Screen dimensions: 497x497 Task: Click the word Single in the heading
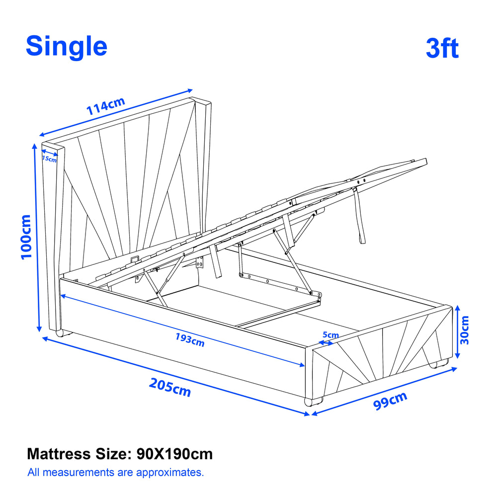67,47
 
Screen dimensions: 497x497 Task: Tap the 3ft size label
442,48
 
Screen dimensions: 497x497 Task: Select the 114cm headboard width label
106,106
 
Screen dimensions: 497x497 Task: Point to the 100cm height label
26,237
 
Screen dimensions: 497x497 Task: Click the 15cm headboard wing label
49,159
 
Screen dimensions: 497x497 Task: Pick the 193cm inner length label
190,339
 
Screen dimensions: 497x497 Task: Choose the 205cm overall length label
170,387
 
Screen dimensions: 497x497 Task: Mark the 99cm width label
390,401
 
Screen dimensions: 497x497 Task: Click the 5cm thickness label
331,334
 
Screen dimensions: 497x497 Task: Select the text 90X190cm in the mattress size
174,454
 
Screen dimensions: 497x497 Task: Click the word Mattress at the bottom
59,454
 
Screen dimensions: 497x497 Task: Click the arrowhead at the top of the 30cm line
457,308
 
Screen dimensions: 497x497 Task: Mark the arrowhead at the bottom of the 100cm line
39,329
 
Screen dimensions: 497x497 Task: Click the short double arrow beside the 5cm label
326,343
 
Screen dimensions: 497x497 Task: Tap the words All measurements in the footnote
71,472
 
